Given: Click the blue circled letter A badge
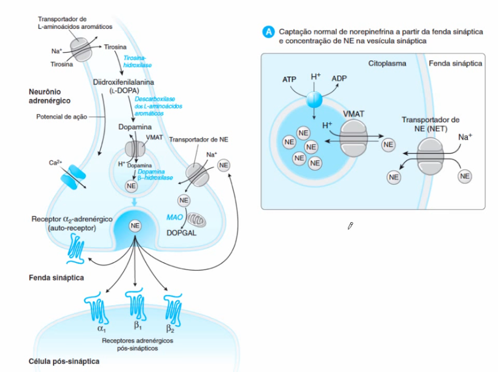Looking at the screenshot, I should [268, 32].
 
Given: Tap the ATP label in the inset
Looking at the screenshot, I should [289, 79].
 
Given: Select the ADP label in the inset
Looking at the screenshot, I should [340, 79].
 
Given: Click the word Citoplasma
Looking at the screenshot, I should [387, 64].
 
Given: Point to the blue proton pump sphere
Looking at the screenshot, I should [315, 99].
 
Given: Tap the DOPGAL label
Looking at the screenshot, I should [181, 233].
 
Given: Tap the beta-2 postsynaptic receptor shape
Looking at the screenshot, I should [174, 307].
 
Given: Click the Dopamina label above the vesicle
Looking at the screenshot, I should [135, 127].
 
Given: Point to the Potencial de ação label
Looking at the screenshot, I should [62, 117].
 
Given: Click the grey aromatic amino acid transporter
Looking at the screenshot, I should [80, 49].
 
